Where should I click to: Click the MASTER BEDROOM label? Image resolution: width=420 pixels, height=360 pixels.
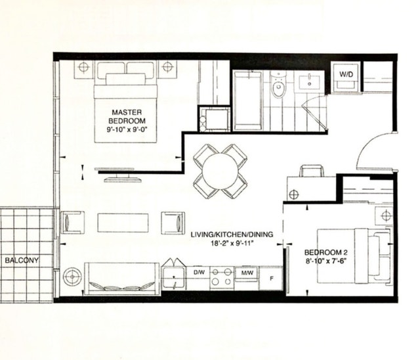pyautogui.click(x=127, y=117)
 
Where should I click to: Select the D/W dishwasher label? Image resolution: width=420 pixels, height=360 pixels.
pyautogui.click(x=198, y=271)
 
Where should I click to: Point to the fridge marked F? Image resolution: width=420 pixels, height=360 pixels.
pyautogui.click(x=271, y=279)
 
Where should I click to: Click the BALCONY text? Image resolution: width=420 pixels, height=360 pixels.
pyautogui.click(x=22, y=260)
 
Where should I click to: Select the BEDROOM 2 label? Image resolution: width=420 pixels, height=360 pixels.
pyautogui.click(x=325, y=252)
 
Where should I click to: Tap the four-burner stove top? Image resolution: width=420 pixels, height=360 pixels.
pyautogui.click(x=222, y=277)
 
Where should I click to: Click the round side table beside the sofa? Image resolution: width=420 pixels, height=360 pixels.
pyautogui.click(x=72, y=274)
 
